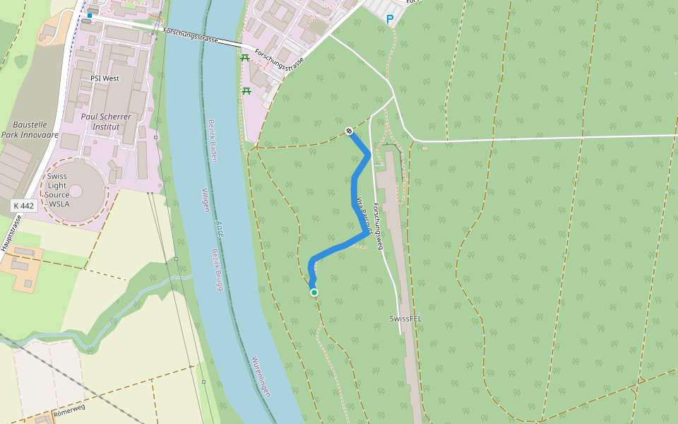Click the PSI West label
[x=105, y=78]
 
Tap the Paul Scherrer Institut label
[x=107, y=122]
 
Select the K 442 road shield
[x=23, y=206]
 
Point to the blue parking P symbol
[x=389, y=19]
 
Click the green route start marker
[x=314, y=293]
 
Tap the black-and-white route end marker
[x=349, y=131]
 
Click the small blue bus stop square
[x=90, y=15]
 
